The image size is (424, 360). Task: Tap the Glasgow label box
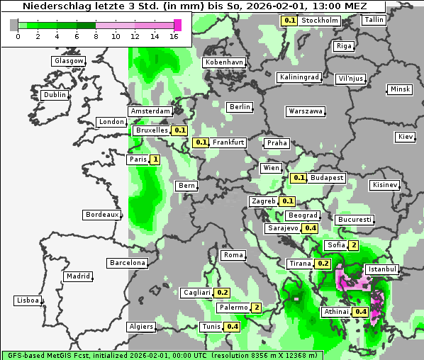pos(69,61)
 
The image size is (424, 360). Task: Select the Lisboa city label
pos(28,300)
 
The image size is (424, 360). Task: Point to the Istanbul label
pos(382,269)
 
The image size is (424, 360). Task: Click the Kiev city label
pos(406,137)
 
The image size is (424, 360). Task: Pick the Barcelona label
pos(128,263)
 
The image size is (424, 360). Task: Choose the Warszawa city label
pos(306,111)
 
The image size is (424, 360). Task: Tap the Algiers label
pos(140,327)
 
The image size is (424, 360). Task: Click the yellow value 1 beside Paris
pos(155,159)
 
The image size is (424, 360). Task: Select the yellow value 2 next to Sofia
pos(353,245)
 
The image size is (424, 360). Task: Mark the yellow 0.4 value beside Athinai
pos(360,312)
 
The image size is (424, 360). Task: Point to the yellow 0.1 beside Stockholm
pos(289,21)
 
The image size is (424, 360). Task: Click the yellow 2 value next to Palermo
pos(257,308)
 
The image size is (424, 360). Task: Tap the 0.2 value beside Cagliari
pos(223,293)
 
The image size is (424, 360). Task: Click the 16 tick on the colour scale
pos(174,36)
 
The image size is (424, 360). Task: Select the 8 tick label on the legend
pos(95,36)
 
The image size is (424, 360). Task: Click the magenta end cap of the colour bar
pos(177,25)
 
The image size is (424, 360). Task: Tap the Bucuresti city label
pos(355,220)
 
